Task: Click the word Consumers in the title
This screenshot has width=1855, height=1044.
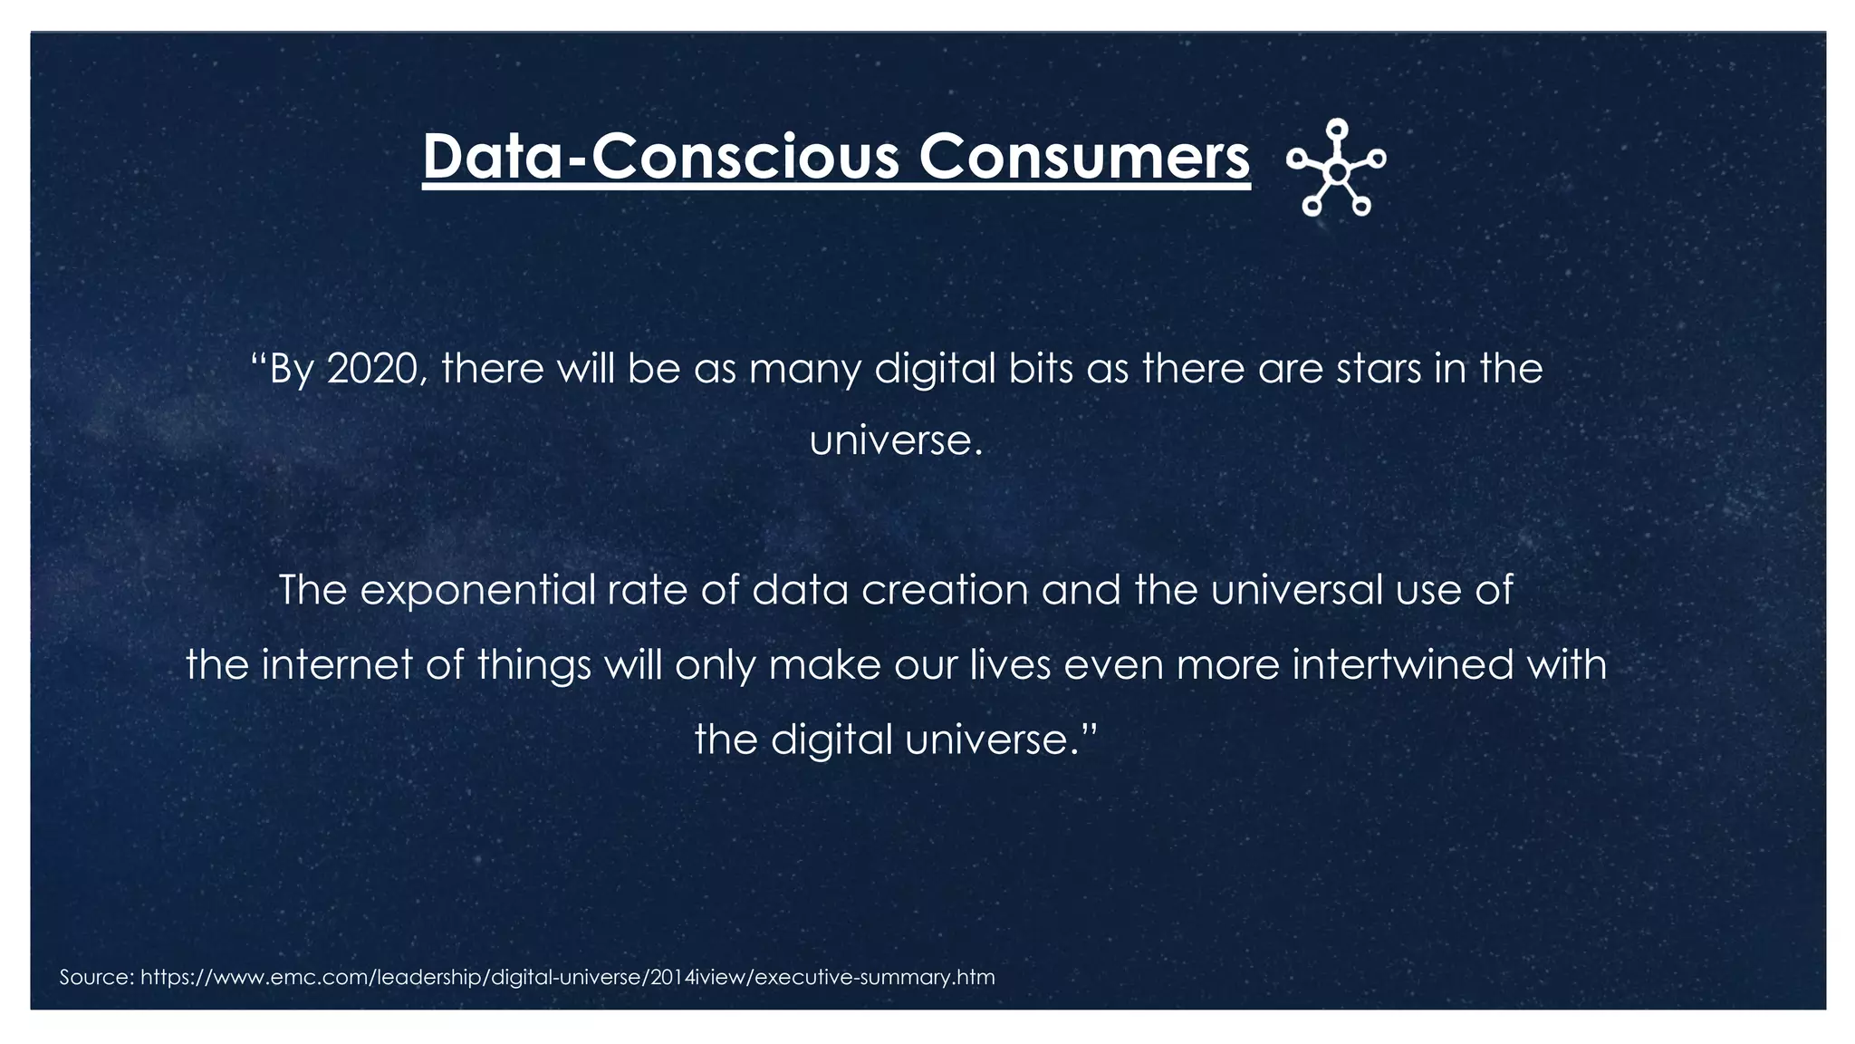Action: point(1084,157)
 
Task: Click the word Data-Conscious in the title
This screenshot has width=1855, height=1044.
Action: point(661,157)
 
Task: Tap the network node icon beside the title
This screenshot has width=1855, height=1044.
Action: point(1336,169)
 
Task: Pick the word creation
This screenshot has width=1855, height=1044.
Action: point(945,590)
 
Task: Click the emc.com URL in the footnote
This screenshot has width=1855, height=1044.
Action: point(568,977)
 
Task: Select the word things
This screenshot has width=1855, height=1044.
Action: point(534,666)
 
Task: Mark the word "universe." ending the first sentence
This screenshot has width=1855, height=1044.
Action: point(896,441)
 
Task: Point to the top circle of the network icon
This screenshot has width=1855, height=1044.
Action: point(1337,129)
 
